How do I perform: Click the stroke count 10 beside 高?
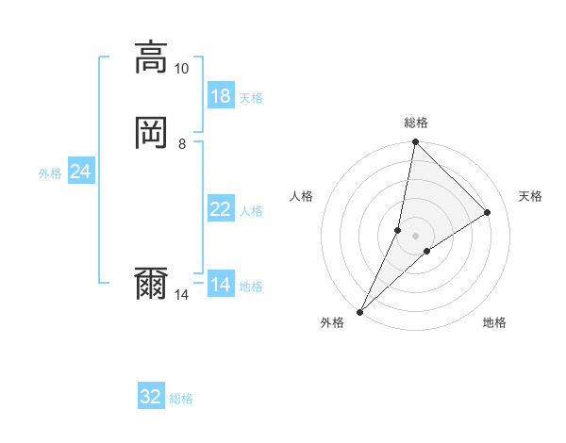(182, 69)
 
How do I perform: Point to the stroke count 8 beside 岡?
(182, 144)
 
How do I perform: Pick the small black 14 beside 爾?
(182, 295)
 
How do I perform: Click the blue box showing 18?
(221, 96)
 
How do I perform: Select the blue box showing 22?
(221, 209)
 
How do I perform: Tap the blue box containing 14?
(221, 285)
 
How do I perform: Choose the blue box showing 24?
(80, 172)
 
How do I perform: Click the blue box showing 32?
(151, 397)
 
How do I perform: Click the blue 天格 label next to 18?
(251, 98)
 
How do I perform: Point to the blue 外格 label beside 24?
(50, 173)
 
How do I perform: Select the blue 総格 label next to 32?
(181, 399)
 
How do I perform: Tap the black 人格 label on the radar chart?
(302, 196)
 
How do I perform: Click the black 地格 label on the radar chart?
(494, 323)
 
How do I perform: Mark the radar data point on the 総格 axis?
(415, 141)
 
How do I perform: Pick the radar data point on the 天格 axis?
(488, 212)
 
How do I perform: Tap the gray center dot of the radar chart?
(415, 235)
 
